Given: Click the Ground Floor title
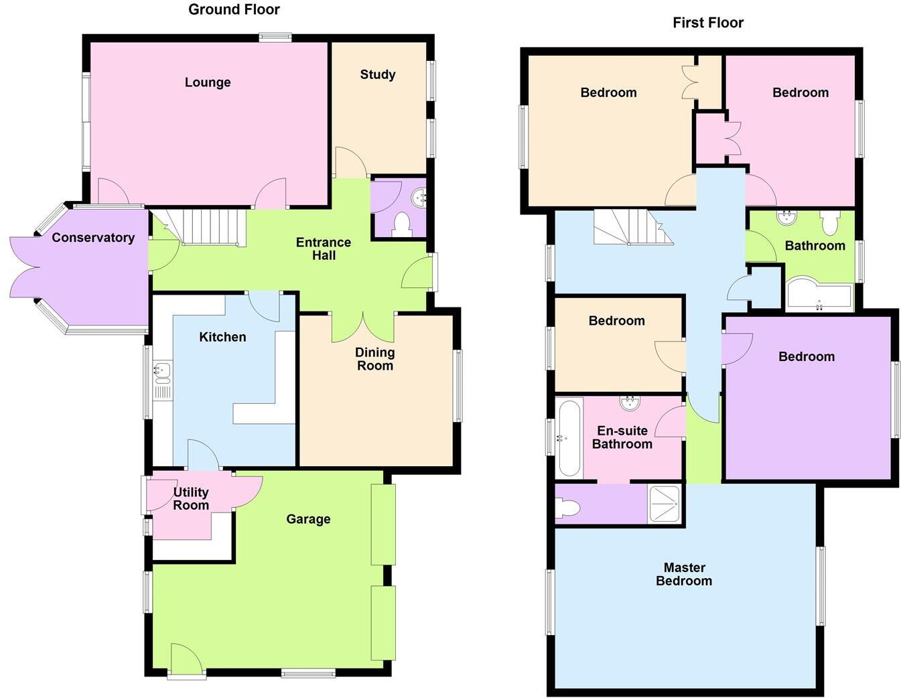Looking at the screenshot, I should [x=234, y=9].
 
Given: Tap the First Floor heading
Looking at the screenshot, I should [x=708, y=23].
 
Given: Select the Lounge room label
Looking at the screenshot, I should [x=208, y=82].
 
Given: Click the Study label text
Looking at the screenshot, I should [x=378, y=74].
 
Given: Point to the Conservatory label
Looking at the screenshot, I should [x=93, y=238].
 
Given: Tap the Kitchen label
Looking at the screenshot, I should [x=222, y=337].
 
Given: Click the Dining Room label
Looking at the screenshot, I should [x=375, y=359].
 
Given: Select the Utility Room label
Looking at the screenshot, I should [x=191, y=499].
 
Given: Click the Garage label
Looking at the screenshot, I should [x=308, y=519].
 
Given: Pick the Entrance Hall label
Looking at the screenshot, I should [x=324, y=249].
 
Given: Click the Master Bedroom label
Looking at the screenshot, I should [x=684, y=575].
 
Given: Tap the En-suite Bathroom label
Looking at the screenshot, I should [x=622, y=437].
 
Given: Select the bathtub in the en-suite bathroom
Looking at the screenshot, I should [x=570, y=438].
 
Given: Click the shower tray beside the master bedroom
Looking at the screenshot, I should [x=665, y=503].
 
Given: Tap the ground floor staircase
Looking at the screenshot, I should [x=208, y=228].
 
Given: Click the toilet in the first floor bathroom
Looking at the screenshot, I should [x=830, y=223].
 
